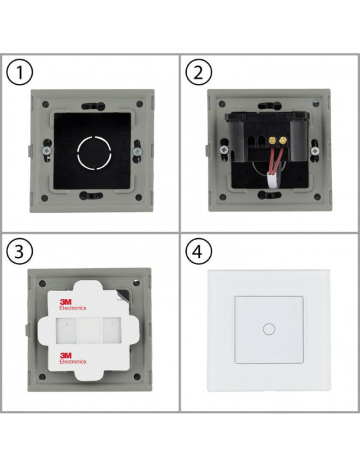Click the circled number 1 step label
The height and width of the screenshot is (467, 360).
click(21, 72)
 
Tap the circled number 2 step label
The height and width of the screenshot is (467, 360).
click(197, 72)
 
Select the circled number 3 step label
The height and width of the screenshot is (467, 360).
click(21, 252)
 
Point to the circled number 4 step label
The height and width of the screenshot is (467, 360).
click(197, 252)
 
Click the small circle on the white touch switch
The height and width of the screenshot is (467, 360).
click(269, 329)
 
